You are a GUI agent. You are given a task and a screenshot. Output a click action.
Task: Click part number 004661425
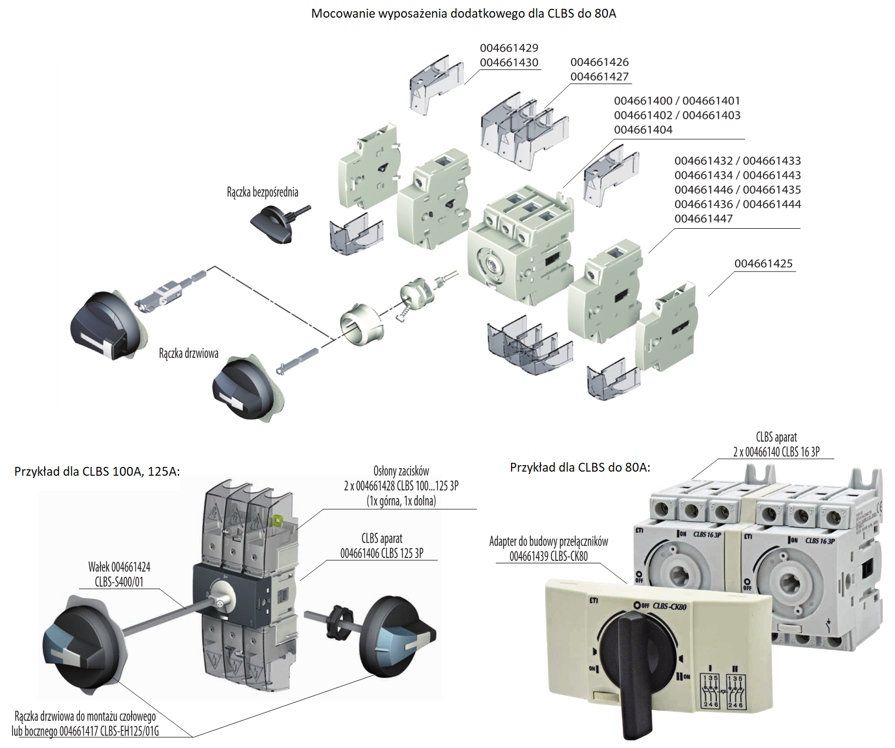[x=763, y=263]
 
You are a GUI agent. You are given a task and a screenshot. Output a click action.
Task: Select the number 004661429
[x=509, y=48]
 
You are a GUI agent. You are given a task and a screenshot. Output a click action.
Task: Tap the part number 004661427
[x=599, y=76]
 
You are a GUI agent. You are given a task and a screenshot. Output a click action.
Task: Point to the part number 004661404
[x=643, y=129]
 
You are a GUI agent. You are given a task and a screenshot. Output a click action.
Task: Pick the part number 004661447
[x=703, y=219]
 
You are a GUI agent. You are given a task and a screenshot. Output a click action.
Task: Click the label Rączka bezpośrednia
[x=262, y=192]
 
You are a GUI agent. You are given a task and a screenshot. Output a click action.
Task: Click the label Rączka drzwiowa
[x=188, y=353]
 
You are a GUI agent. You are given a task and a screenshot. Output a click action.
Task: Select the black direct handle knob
[x=272, y=226]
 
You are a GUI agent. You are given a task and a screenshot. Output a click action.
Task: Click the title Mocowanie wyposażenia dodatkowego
[x=463, y=14]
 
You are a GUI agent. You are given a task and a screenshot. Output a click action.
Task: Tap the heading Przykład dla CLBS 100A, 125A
[x=97, y=471]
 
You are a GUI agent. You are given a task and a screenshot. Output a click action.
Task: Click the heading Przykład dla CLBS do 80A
[x=580, y=467]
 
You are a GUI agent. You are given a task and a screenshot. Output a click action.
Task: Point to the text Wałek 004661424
[x=119, y=567]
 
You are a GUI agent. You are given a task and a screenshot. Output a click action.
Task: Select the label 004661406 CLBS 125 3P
[x=382, y=553]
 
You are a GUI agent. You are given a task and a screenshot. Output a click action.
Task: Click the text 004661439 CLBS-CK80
[x=548, y=556]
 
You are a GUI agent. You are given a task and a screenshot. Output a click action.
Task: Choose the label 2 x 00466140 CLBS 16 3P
[x=776, y=452]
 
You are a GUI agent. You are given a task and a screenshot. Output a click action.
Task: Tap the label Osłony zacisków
[x=401, y=471]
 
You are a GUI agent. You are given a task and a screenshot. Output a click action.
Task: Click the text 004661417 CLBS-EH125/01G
[x=109, y=732]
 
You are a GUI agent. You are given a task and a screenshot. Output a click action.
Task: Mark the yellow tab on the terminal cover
[x=276, y=521]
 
